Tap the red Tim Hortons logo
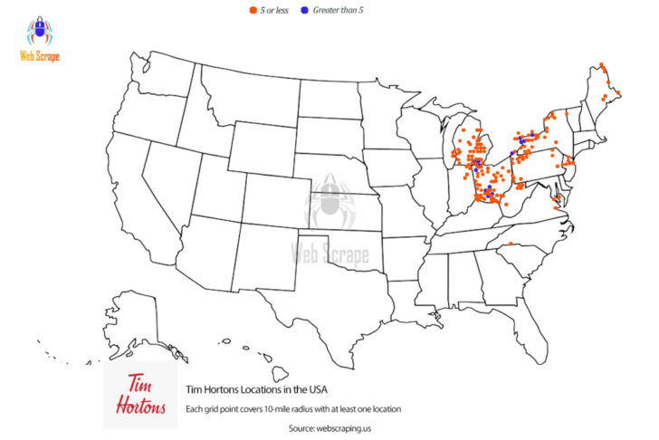139,396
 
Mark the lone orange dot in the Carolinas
510,244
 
